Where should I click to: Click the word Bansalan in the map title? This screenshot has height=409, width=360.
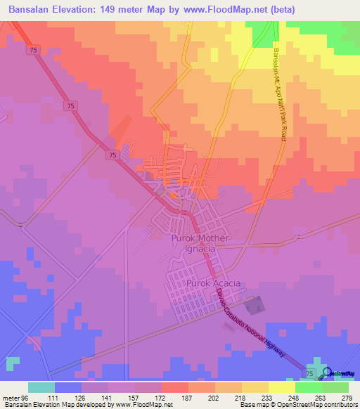32,9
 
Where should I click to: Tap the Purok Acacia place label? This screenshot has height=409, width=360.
214,283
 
